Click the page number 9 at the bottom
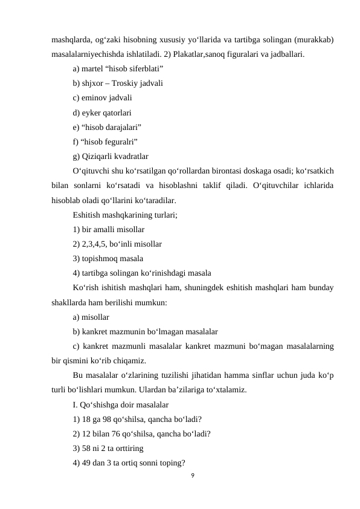click(x=191, y=476)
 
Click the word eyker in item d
click(x=92, y=112)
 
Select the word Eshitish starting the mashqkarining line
click(x=88, y=214)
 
